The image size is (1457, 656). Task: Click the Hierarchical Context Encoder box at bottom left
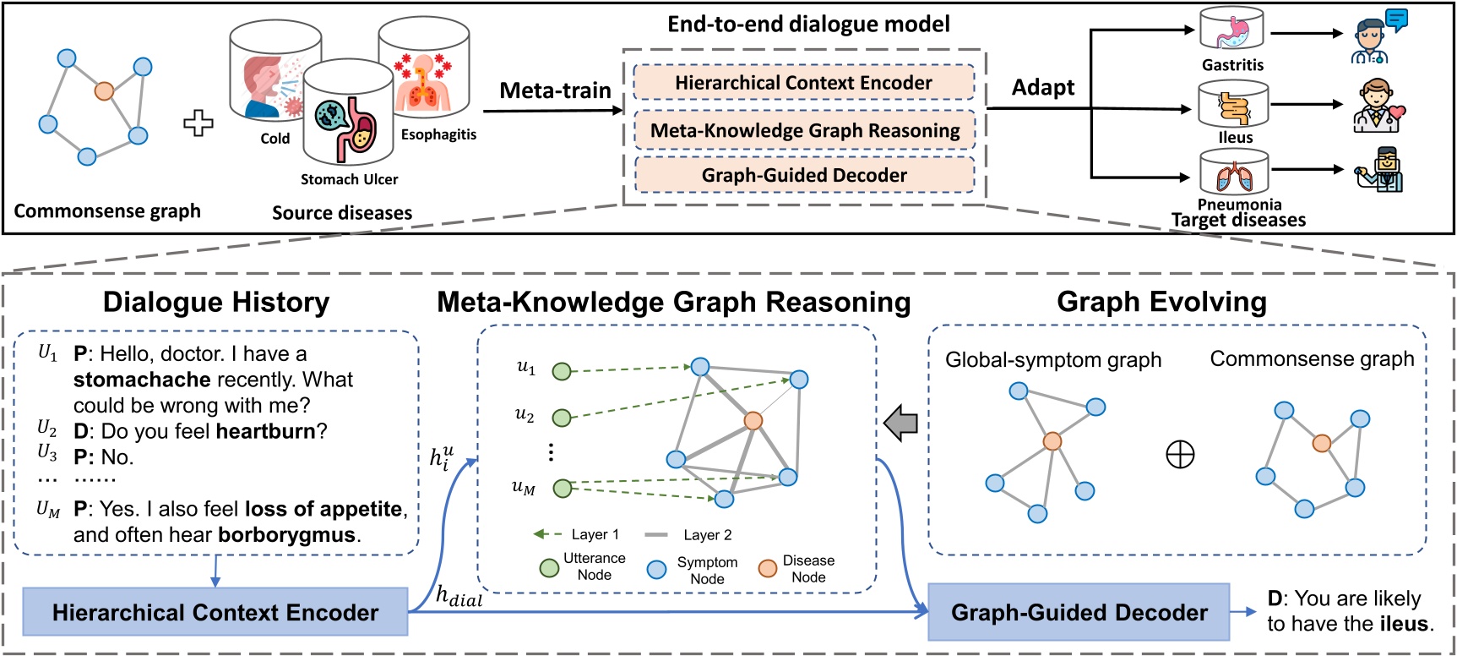[x=215, y=612]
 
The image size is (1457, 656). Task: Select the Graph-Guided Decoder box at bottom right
[x=1079, y=612]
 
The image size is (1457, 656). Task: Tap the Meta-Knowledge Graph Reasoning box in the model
[x=804, y=130]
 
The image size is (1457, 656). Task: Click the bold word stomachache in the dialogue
[x=141, y=380]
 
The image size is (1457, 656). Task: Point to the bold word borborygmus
[x=286, y=535]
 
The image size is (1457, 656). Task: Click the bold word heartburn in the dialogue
[x=265, y=431]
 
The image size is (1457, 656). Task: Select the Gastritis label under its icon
[x=1232, y=65]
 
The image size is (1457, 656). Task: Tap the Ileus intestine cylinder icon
[x=1233, y=105]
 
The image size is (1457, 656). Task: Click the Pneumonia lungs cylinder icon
[x=1234, y=173]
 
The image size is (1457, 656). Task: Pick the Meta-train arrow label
[x=555, y=90]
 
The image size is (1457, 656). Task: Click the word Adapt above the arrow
[x=1043, y=87]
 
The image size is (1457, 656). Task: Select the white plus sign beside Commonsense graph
[x=198, y=123]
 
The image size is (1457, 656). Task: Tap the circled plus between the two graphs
[x=1180, y=455]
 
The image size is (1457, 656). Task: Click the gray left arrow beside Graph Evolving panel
[x=901, y=422]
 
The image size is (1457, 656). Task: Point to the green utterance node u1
[x=562, y=370]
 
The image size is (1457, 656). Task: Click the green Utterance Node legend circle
[x=549, y=567]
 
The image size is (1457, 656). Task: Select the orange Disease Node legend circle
[x=767, y=568]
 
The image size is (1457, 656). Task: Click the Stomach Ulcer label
[x=349, y=179]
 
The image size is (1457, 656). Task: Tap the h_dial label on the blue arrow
[x=459, y=596]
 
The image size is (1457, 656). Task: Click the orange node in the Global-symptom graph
[x=1052, y=440]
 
